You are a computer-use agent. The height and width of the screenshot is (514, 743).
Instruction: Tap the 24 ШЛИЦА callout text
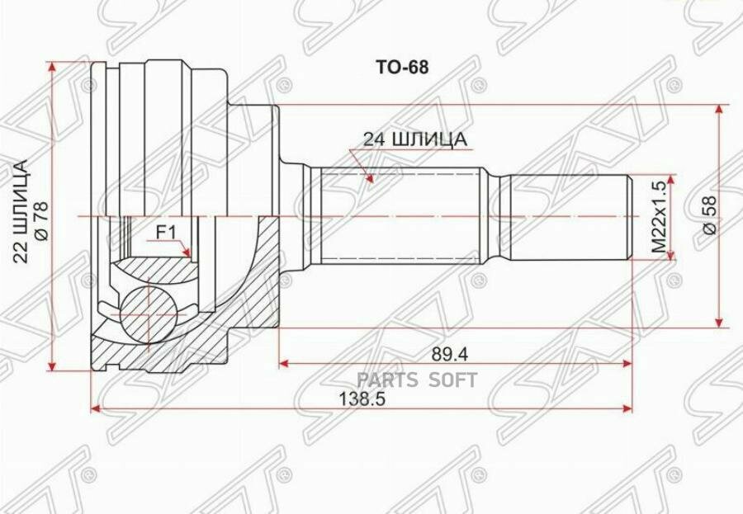pos(415,139)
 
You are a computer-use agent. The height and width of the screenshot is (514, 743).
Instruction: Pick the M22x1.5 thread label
pos(658,216)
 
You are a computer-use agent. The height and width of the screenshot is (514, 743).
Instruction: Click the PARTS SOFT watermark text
pos(417,380)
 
